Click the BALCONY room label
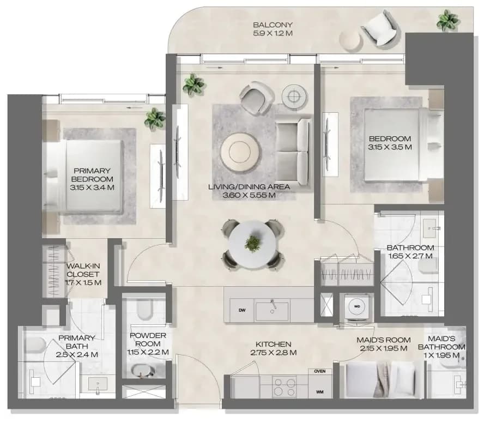273,25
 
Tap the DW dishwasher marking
242,310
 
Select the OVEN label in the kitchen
320,371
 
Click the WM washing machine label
320,392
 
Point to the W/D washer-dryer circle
357,306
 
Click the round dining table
253,244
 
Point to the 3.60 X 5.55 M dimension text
249,195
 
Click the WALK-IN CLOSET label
83,270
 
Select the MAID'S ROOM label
383,340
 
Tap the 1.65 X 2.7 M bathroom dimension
410,256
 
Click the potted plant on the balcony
448,20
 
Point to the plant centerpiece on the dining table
253,243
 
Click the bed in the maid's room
381,379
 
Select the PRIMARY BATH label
76,342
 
